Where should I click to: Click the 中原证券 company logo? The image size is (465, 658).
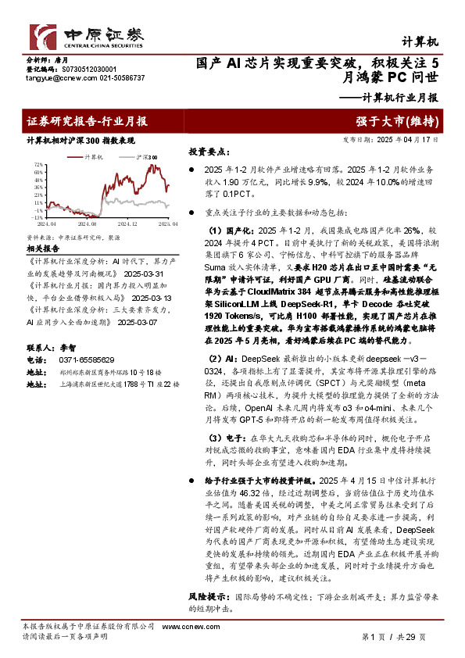[x=87, y=35]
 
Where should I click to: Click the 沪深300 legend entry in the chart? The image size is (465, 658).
[x=145, y=158]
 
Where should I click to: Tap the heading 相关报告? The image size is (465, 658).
[x=44, y=247]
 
